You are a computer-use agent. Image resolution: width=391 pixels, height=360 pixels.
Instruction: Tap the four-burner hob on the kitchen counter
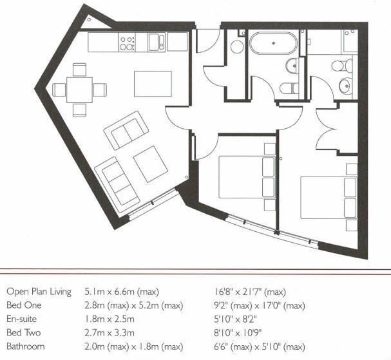[127, 43]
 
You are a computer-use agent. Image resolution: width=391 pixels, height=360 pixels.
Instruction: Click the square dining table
[80, 89]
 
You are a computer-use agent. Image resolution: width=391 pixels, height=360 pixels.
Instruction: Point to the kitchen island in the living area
[153, 83]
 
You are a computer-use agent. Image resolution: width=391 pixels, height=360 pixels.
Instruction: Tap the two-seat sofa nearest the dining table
[126, 131]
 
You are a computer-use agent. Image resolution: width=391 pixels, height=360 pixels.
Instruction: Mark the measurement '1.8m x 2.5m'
[110, 319]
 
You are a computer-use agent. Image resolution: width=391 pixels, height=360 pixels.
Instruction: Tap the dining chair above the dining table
[80, 68]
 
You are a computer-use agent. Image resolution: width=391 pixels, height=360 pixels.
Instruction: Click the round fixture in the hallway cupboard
[236, 46]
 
